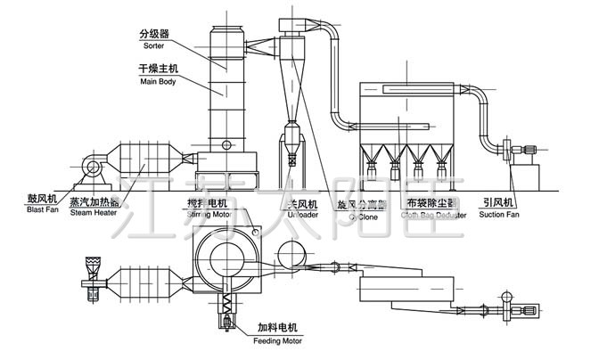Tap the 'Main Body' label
click(158, 81)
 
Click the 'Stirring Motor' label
click(208, 214)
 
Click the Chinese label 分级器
click(153, 33)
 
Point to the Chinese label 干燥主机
click(158, 69)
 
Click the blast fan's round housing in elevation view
click(90, 167)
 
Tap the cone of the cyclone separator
click(291, 85)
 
